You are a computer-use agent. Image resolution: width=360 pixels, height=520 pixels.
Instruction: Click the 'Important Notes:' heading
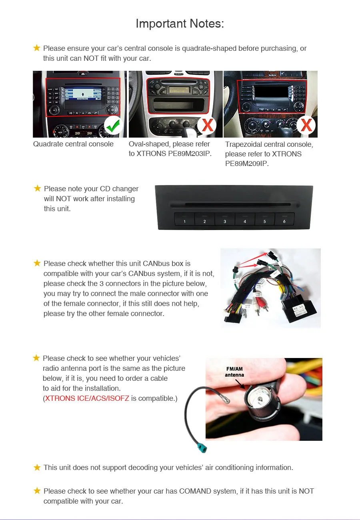tap(180, 24)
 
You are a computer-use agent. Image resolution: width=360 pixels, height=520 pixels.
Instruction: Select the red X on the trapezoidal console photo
tap(306, 126)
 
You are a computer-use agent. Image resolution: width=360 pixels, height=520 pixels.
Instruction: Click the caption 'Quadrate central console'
tap(73, 144)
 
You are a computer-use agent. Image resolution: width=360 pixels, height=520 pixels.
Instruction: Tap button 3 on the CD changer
tap(224, 220)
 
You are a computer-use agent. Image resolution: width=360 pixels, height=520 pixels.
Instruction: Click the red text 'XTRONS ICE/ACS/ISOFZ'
tap(87, 398)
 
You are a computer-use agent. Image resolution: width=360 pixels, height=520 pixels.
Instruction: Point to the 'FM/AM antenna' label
tap(234, 372)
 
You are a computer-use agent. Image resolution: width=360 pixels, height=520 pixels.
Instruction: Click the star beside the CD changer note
tap(37, 188)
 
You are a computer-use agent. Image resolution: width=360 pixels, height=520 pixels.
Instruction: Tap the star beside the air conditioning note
tap(37, 467)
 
